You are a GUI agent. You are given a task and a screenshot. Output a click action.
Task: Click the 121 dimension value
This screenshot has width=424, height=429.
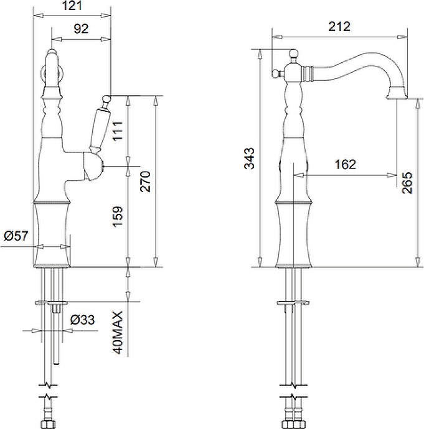(x=72, y=6)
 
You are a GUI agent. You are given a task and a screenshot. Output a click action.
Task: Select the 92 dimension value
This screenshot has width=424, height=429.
(x=81, y=29)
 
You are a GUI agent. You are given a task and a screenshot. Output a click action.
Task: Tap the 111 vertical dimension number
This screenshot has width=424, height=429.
(x=118, y=131)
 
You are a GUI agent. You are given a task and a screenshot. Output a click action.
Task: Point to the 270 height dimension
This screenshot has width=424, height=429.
(x=145, y=182)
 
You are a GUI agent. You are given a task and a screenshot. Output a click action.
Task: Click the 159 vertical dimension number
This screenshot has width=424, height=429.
(x=118, y=217)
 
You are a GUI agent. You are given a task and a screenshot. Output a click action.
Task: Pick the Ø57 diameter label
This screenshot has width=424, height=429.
(x=16, y=236)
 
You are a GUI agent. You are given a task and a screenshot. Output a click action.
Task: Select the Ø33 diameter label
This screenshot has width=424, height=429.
(x=82, y=320)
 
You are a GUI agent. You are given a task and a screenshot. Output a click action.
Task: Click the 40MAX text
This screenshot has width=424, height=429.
(x=118, y=333)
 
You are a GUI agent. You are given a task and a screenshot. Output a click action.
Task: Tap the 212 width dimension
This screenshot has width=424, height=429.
(x=339, y=27)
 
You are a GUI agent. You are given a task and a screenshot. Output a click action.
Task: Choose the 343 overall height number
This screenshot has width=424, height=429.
(x=250, y=159)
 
